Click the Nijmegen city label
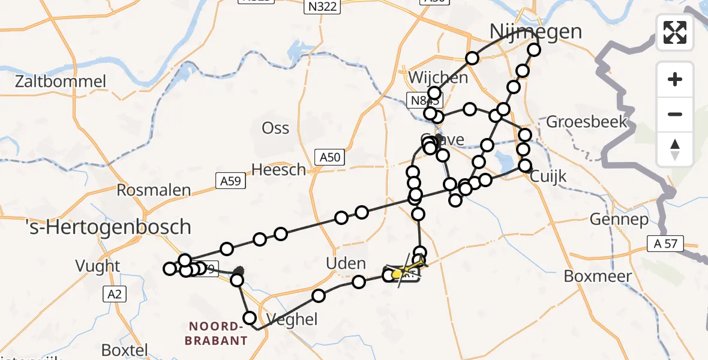(536, 31)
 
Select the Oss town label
(275, 128)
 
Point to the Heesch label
(278, 170)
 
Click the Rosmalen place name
(154, 191)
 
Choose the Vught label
(98, 266)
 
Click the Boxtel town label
(125, 349)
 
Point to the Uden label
(346, 263)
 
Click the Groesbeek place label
(586, 122)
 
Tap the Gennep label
(619, 219)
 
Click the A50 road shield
(329, 158)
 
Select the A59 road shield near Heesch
(231, 179)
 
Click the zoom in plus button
(675, 80)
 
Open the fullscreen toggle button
(675, 32)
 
